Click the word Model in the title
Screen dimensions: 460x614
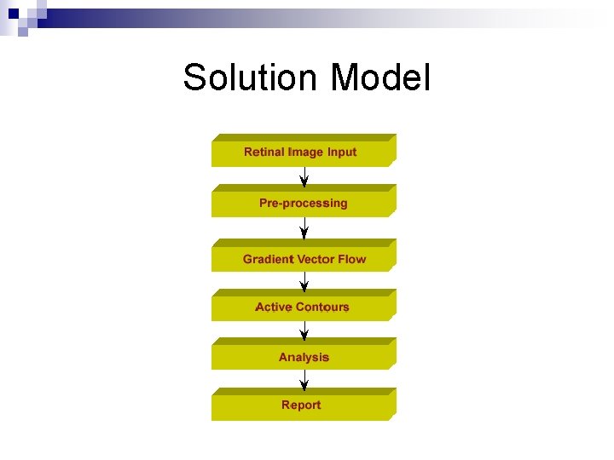tap(380, 78)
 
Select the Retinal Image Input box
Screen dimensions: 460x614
tap(304, 152)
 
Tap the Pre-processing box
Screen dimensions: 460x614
tap(304, 203)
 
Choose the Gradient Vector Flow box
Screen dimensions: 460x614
tap(304, 258)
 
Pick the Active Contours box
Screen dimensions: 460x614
tap(304, 307)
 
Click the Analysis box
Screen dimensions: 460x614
tap(304, 357)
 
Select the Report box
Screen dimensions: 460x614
tap(304, 405)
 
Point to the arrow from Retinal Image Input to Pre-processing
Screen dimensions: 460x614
tap(304, 175)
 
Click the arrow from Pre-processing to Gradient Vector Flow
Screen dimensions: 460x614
tap(304, 227)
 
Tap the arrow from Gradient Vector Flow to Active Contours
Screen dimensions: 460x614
tap(304, 280)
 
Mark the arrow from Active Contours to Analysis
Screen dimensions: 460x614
tap(304, 329)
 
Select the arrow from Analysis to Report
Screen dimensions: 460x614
tap(304, 378)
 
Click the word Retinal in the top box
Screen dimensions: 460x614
tap(264, 152)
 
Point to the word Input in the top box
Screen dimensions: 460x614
tap(341, 152)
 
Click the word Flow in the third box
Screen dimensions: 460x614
tap(351, 259)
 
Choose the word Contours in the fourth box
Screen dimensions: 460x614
tap(322, 307)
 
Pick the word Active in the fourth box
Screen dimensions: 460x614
tap(273, 307)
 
